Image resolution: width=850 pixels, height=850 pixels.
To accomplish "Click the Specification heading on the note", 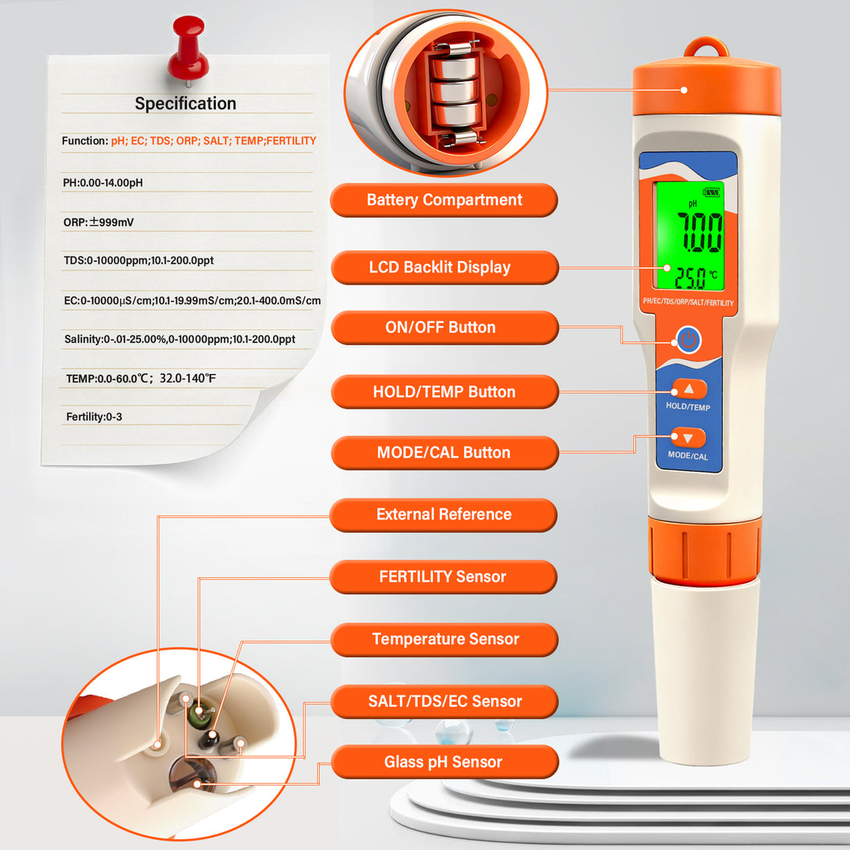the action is [186, 103].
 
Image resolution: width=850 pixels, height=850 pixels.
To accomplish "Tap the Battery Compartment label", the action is [444, 200].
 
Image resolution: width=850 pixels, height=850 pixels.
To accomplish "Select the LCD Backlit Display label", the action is [444, 267].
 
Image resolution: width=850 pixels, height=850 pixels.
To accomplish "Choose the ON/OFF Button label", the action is [444, 328].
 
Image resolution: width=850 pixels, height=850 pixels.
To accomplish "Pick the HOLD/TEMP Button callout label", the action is [444, 391].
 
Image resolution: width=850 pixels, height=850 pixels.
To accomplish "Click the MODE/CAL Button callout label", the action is [444, 452].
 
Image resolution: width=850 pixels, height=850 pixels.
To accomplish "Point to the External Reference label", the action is [444, 515].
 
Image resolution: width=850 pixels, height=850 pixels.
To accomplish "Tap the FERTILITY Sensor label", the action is [444, 577].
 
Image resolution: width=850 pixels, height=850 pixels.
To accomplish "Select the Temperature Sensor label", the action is [444, 639].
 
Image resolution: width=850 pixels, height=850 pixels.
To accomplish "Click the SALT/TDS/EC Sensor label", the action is [444, 702].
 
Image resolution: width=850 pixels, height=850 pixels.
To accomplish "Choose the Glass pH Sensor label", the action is [444, 762].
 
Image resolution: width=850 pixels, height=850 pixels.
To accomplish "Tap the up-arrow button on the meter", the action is [689, 388].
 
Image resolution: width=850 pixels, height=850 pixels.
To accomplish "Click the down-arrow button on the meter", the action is [688, 437].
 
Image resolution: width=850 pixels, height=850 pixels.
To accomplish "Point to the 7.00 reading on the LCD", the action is [699, 232].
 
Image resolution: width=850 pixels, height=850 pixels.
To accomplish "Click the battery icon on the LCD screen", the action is [711, 192].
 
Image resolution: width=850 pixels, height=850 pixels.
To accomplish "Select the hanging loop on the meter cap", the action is [706, 47].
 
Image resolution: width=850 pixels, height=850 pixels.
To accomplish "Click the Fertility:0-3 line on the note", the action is [94, 417].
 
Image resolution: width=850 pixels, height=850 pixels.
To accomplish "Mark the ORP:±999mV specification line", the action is [98, 222].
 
